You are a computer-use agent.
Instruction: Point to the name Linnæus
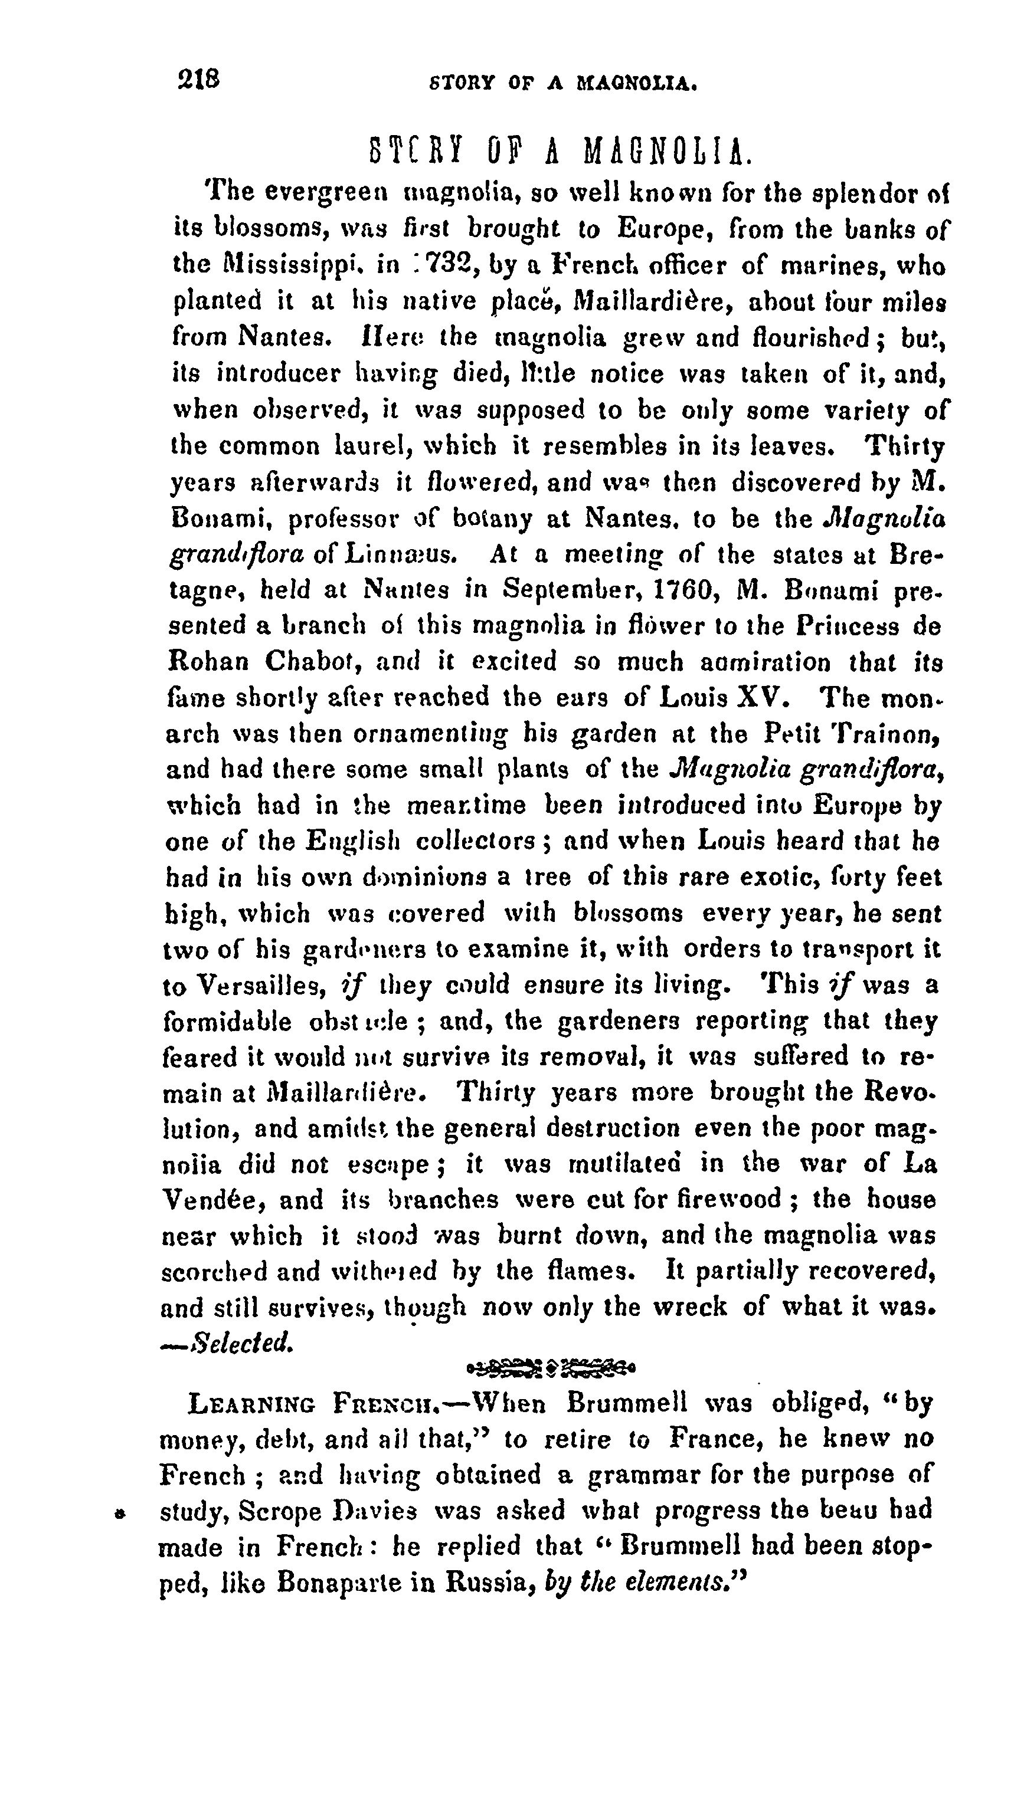[x=402, y=554]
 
